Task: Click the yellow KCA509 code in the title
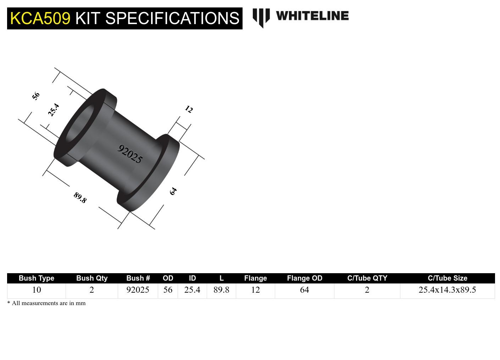[40, 18]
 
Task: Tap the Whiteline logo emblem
[261, 17]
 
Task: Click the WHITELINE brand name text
[312, 16]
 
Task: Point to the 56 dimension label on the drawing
[36, 96]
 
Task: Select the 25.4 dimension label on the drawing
[54, 110]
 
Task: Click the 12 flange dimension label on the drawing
[189, 109]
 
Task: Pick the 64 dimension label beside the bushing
[173, 191]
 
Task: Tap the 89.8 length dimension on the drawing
[80, 197]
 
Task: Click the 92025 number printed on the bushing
[130, 154]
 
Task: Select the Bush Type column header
[36, 278]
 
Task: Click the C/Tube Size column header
[447, 278]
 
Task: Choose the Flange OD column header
[304, 278]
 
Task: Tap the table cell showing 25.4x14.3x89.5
[447, 290]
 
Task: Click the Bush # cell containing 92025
[138, 290]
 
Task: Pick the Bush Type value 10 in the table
[37, 290]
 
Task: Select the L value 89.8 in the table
[221, 290]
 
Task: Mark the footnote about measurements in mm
[46, 303]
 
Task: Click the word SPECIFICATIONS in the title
[172, 18]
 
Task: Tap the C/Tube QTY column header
[367, 278]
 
